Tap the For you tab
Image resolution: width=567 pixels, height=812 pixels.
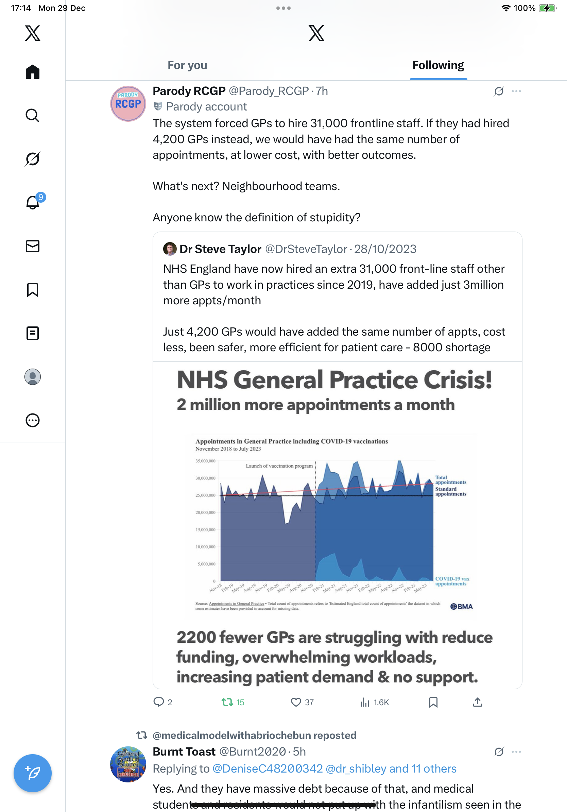[x=187, y=65]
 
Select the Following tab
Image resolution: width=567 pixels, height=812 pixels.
[x=438, y=65]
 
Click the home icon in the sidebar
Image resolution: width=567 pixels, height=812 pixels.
[x=33, y=72]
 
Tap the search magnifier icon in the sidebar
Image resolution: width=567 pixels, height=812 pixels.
[x=33, y=115]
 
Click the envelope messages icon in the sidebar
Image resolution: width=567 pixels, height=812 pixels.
[x=33, y=246]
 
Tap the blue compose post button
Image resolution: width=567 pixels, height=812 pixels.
[x=33, y=773]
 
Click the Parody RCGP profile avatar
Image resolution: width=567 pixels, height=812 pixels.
[x=128, y=104]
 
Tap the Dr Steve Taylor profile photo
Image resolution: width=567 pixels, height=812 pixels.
[x=170, y=249]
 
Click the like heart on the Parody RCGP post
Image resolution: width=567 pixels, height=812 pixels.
[x=295, y=702]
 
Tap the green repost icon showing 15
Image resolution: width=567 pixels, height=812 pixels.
[x=227, y=702]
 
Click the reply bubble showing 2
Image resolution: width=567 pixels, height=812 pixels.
[x=159, y=702]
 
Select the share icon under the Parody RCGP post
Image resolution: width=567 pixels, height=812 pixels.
[x=477, y=702]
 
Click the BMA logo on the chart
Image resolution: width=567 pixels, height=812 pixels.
[x=461, y=607]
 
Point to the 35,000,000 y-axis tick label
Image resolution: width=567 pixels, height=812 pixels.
[x=205, y=461]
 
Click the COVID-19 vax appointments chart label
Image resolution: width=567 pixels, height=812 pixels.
[x=452, y=581]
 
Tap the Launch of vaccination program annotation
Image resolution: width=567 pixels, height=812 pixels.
[x=279, y=466]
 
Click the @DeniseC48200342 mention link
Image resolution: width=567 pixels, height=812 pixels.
[x=268, y=768]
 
